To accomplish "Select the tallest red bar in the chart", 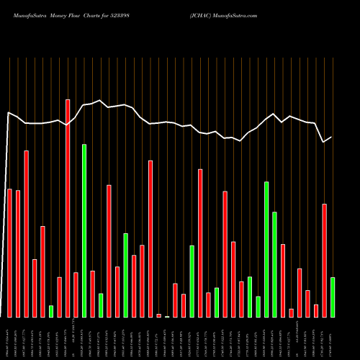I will (x=68, y=208).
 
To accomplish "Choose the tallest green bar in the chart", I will (x=84, y=230).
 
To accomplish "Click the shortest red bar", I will (x=158, y=315).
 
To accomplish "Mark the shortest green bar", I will (x=167, y=316).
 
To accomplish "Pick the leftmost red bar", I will (x=9, y=253).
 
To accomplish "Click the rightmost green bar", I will (x=333, y=297).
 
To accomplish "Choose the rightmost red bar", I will (x=324, y=260).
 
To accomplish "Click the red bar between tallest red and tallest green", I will (x=76, y=294).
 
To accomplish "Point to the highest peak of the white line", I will (x=100, y=101).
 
